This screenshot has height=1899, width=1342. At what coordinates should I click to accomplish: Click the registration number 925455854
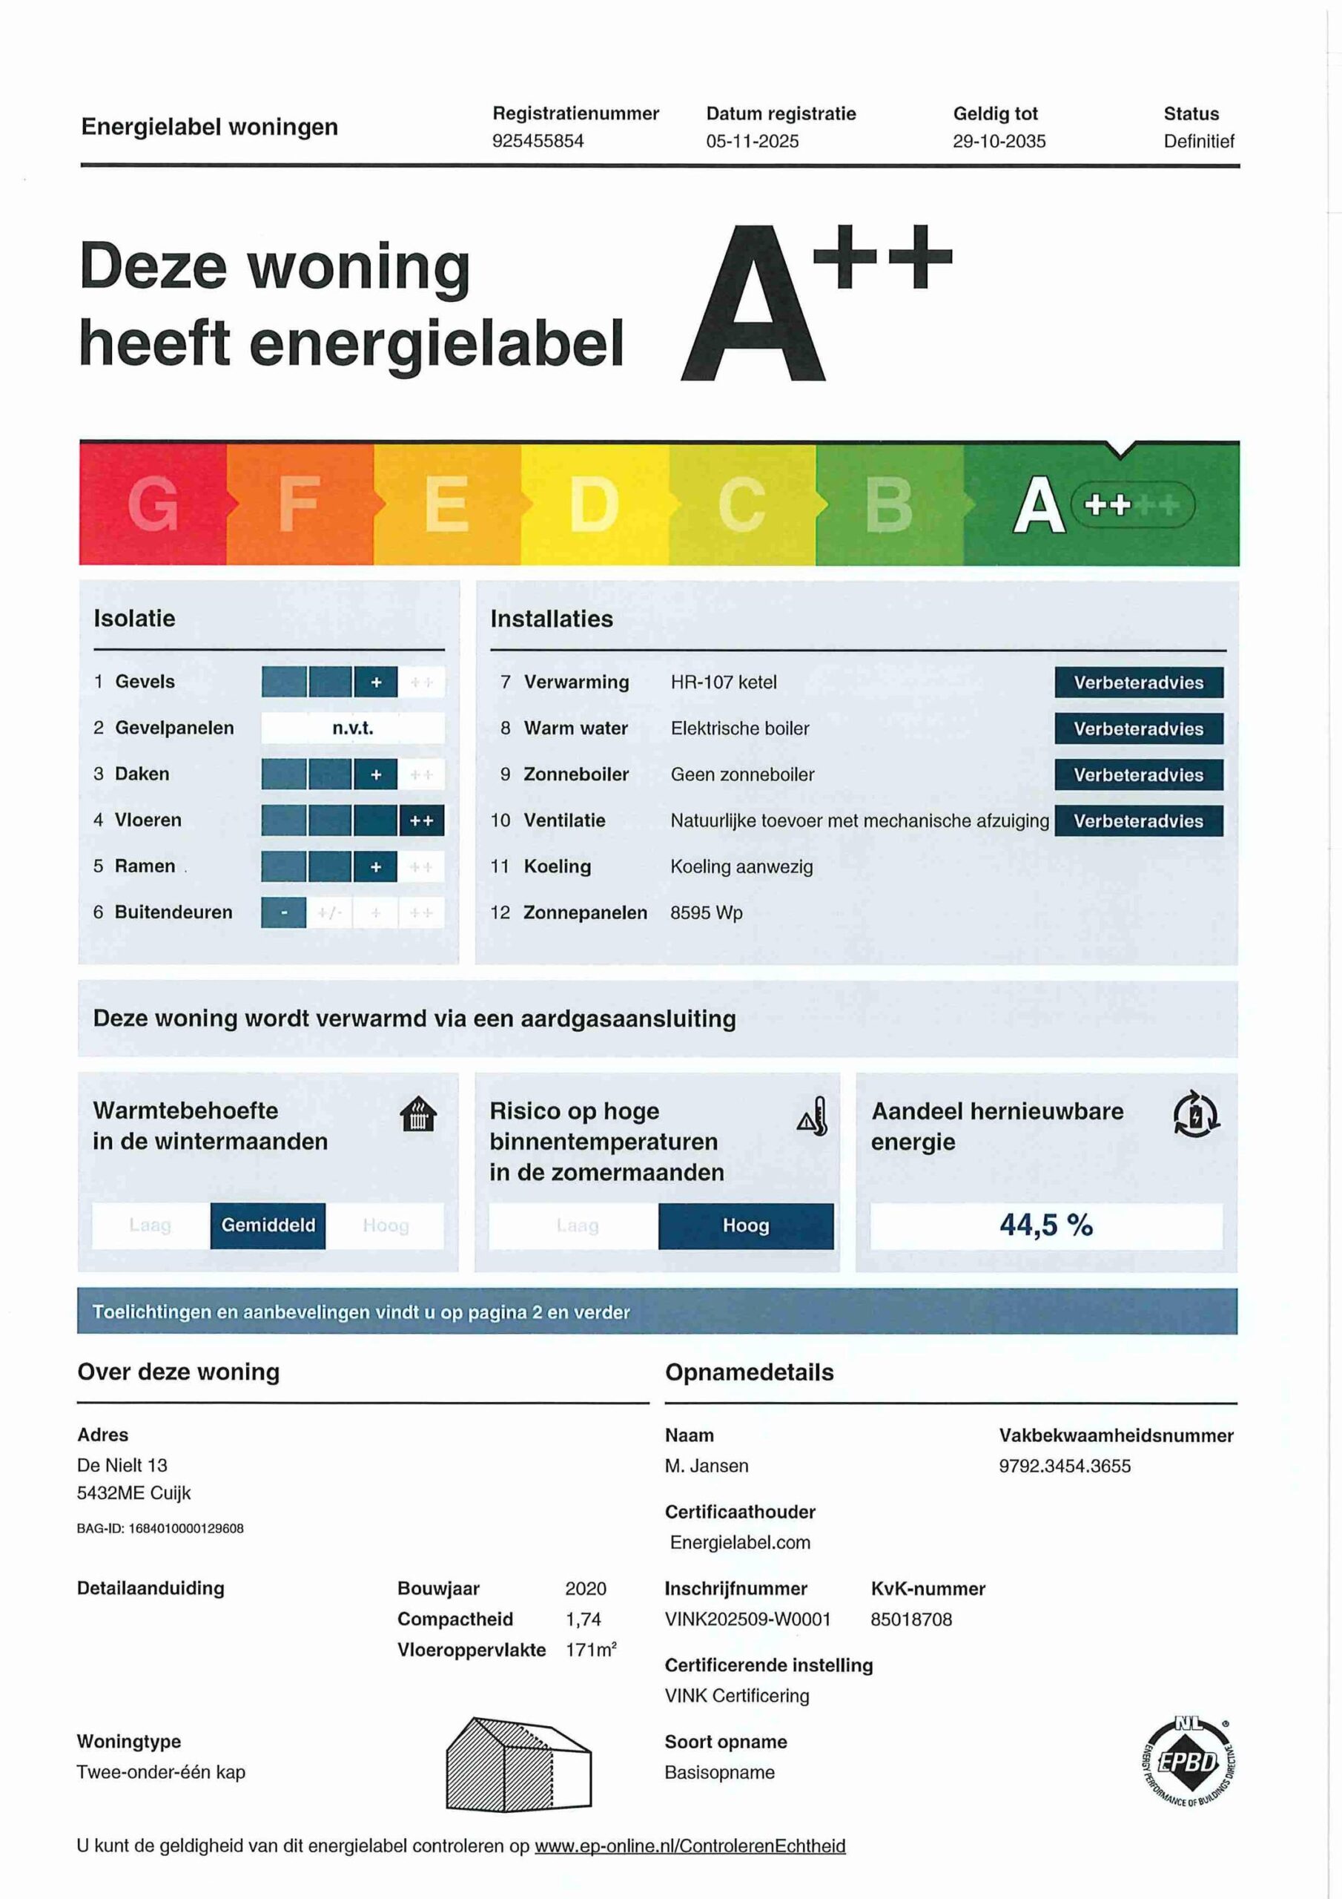[x=538, y=141]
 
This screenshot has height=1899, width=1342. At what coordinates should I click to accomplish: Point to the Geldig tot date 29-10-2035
[x=999, y=141]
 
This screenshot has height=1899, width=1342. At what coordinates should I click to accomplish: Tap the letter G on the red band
[x=153, y=504]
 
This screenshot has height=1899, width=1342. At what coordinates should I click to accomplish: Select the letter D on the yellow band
[x=594, y=504]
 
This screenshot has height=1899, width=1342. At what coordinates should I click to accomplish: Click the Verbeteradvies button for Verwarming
[x=1138, y=682]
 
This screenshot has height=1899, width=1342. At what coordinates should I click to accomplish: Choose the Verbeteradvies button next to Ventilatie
[x=1138, y=820]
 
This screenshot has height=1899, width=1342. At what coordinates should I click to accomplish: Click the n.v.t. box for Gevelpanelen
[x=353, y=728]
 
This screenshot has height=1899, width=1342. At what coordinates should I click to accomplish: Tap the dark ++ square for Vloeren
[x=421, y=820]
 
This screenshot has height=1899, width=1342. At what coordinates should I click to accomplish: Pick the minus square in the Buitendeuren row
[x=284, y=913]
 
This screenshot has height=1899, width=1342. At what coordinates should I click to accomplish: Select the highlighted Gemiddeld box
[x=268, y=1225]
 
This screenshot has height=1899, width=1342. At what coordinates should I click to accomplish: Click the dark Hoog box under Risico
[x=746, y=1225]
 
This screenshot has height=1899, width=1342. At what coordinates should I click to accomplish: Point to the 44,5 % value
[x=1046, y=1225]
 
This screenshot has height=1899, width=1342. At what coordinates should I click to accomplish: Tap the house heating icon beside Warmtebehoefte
[x=418, y=1114]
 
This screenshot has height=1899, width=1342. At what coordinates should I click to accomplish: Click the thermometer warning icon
[x=813, y=1116]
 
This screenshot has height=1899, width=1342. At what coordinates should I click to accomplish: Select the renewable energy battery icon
[x=1196, y=1113]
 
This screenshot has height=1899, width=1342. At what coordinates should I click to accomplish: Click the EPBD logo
[x=1189, y=1762]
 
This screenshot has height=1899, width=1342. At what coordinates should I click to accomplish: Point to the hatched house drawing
[x=518, y=1763]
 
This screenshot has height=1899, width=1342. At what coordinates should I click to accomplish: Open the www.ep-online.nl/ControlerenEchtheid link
[x=690, y=1846]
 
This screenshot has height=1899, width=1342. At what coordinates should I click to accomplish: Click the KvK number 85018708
[x=911, y=1619]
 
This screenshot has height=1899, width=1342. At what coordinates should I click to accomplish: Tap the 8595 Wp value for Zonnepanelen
[x=706, y=913]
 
